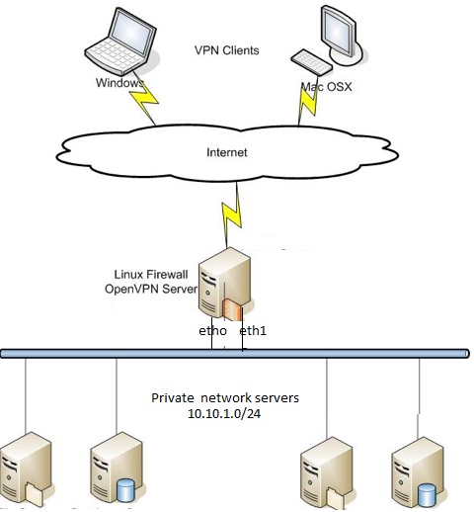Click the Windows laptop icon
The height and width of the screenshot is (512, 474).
pyautogui.click(x=120, y=42)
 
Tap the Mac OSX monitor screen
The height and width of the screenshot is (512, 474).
pyautogui.click(x=337, y=32)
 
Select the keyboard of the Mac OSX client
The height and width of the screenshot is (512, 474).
pyautogui.click(x=311, y=62)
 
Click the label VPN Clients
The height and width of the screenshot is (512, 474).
pyautogui.click(x=227, y=50)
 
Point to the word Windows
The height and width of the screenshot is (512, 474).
pyautogui.click(x=119, y=83)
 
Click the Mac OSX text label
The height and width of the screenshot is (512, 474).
pyautogui.click(x=327, y=87)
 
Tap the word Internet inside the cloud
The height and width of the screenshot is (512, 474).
pyautogui.click(x=227, y=152)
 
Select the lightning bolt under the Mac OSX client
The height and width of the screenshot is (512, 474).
pyautogui.click(x=308, y=102)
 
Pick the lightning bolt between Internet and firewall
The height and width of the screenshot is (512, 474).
pyautogui.click(x=231, y=214)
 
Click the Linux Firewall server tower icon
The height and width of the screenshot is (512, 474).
pyautogui.click(x=224, y=284)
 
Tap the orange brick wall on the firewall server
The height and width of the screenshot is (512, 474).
pyautogui.click(x=232, y=309)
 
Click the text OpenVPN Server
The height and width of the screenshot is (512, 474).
pyautogui.click(x=151, y=289)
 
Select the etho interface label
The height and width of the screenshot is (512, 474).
pyautogui.click(x=212, y=330)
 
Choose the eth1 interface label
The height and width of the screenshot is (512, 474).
pyautogui.click(x=253, y=330)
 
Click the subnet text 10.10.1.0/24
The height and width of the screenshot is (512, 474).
pyautogui.click(x=224, y=413)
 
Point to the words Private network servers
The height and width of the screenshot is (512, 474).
pyautogui.click(x=225, y=398)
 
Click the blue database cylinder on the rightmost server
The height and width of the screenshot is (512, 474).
pyautogui.click(x=428, y=495)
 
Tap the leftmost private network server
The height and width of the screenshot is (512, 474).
pyautogui.click(x=26, y=469)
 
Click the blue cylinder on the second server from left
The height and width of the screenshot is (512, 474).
pyautogui.click(x=125, y=490)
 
